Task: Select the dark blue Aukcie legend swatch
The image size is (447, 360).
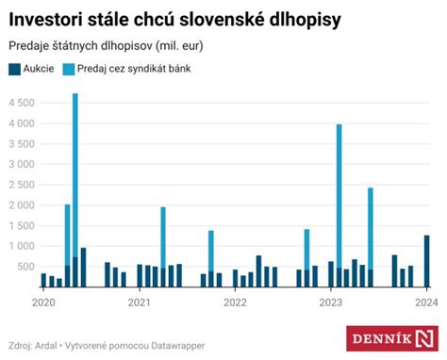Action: click(14, 69)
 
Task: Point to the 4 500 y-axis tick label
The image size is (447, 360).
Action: click(22, 103)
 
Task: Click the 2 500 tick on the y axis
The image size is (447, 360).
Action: click(22, 185)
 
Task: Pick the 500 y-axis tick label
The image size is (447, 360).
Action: click(26, 267)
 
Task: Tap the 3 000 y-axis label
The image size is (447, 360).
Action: click(22, 164)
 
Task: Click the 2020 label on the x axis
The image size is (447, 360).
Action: click(43, 303)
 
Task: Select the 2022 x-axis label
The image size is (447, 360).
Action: click(235, 303)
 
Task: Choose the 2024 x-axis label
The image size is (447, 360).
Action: click(426, 303)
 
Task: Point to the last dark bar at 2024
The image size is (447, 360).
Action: click(426, 260)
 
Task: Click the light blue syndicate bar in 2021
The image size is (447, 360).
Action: click(163, 236)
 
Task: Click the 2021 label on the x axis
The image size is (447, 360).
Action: click(140, 303)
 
